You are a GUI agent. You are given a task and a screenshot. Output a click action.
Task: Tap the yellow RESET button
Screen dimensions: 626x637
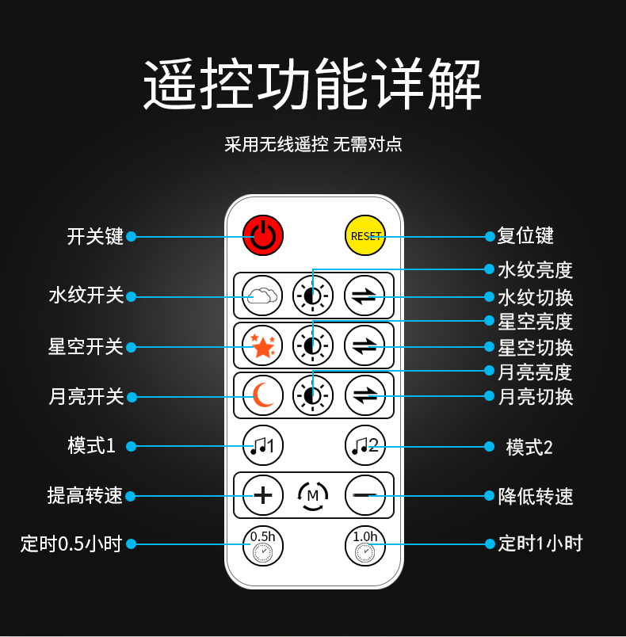coord(365,235)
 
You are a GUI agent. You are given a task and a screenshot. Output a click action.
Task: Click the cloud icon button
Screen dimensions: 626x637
coord(262,296)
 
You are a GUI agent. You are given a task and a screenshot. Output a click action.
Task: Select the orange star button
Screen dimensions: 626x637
coord(262,345)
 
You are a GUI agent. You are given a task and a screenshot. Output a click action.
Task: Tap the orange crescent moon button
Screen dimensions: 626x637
coord(262,395)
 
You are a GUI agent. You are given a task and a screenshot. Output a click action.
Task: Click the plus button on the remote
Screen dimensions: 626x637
coord(262,495)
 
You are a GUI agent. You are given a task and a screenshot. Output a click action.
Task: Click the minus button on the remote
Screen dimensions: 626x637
coord(365,495)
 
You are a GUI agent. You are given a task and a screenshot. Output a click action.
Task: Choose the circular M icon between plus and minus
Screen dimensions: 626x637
coord(313,496)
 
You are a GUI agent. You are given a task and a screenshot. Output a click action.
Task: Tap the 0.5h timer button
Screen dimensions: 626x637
coord(262,546)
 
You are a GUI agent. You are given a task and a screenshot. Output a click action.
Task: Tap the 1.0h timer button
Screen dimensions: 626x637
coord(365,546)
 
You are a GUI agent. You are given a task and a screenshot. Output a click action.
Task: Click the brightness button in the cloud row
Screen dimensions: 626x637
coord(313,296)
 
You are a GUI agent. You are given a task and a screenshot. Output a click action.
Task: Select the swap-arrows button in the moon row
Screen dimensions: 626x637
coord(365,395)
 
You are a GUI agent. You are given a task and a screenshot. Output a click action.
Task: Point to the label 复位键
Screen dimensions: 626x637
coord(525,235)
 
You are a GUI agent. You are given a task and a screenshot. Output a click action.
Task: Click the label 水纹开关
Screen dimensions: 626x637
coord(86,296)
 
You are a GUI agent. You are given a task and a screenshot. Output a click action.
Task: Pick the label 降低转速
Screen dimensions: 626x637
coord(536,496)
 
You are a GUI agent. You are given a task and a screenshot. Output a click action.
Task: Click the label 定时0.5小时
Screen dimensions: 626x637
coord(71,544)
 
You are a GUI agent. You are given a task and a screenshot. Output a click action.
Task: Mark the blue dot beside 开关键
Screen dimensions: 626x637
coord(131,236)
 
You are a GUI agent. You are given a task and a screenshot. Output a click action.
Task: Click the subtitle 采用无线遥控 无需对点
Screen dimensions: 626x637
coord(313,144)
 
